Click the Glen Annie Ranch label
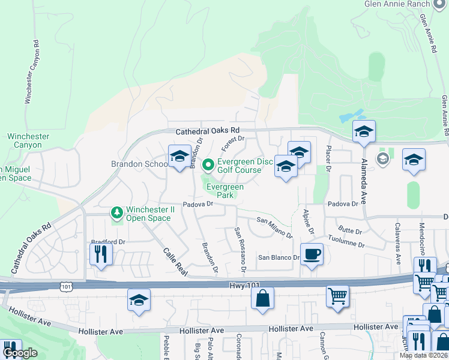tap(397, 4)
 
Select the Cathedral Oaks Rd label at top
tap(207, 131)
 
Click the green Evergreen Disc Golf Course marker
tap(208, 164)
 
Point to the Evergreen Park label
tap(225, 191)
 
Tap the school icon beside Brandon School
tap(179, 157)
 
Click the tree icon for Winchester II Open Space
tap(117, 212)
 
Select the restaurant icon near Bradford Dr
tap(101, 254)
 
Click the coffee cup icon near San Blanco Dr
tap(312, 254)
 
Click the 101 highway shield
tap(65, 287)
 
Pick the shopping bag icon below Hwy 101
tap(263, 298)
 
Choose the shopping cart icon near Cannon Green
tap(337, 296)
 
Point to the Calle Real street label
tap(171, 263)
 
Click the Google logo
tap(20, 353)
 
